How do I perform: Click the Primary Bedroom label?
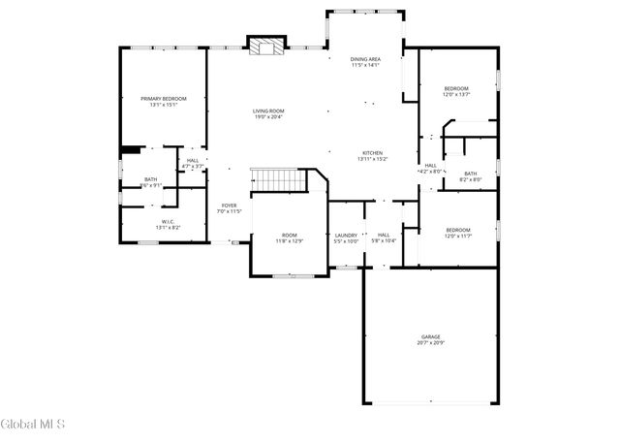coord(163,99)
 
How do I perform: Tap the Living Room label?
coord(268,111)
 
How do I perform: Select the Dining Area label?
coord(365,59)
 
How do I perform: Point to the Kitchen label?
coord(373,153)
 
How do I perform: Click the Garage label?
coord(430,336)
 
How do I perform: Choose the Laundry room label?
coord(346,235)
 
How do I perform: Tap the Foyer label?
coord(229,206)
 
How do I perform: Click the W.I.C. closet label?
coord(168,222)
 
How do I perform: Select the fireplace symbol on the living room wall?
coord(267,46)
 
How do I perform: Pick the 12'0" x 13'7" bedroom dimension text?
coord(456,95)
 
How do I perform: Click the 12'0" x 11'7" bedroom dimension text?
coord(457,237)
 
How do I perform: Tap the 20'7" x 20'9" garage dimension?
coord(430,343)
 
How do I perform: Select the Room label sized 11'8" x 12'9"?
coord(290,235)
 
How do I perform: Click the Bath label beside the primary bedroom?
coord(151,179)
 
